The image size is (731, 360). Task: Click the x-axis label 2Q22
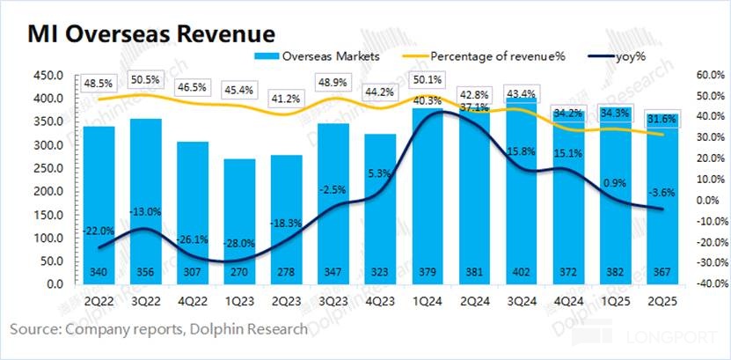pyautogui.click(x=99, y=299)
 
